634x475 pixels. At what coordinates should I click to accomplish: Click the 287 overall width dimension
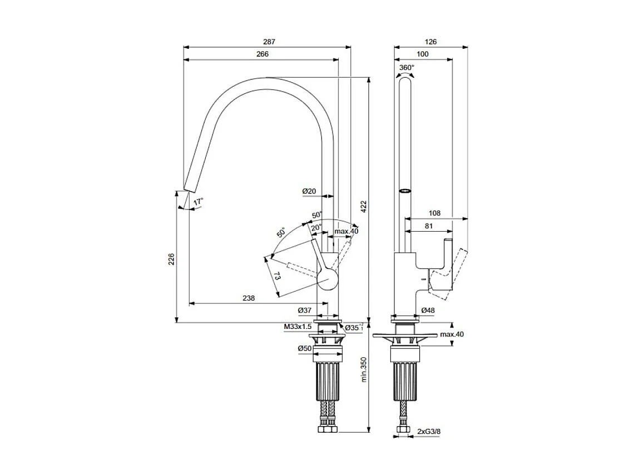pos(269,42)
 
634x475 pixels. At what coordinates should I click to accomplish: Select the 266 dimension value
pos(262,54)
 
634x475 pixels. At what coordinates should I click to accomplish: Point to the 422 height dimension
pos(364,207)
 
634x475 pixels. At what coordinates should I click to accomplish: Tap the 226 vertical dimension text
pos(171,259)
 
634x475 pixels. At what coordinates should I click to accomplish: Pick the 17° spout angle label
pos(199,201)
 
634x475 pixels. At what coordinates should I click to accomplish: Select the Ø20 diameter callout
pos(309,191)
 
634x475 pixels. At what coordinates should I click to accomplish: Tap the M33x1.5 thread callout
pos(297,327)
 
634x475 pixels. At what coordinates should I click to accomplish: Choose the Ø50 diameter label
pos(304,348)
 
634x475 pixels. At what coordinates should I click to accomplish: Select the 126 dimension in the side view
pos(430,42)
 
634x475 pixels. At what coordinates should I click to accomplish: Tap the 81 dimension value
pos(429,226)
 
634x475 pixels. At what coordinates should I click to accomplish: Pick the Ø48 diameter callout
pos(428,310)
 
